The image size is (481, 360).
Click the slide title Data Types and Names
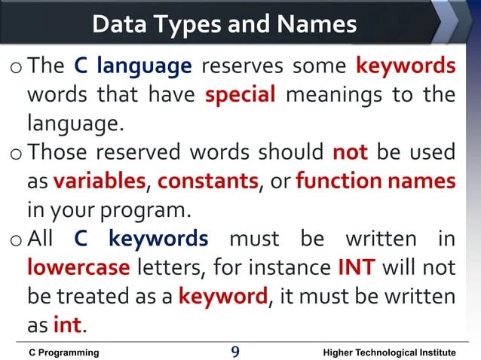224,24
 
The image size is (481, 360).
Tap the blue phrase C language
133,66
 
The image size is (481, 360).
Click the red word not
350,153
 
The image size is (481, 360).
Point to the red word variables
99,182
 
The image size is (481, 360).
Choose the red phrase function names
375,182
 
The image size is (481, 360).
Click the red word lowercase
78,267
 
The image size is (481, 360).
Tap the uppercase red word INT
357,267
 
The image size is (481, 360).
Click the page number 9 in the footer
236,352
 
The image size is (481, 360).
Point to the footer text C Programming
64,352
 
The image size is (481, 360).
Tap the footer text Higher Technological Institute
389,352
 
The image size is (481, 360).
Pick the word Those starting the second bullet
57,153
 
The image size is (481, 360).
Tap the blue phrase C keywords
142,239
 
